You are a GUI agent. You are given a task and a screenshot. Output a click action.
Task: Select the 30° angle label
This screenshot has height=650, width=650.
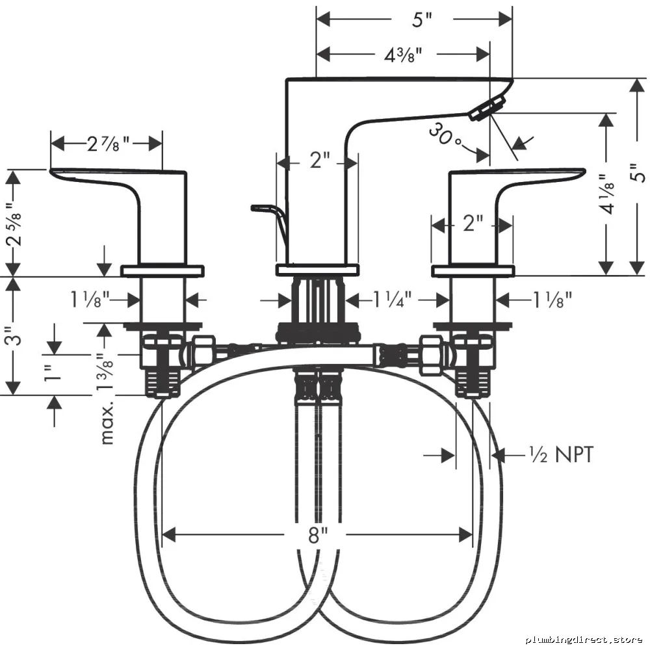pyautogui.click(x=445, y=135)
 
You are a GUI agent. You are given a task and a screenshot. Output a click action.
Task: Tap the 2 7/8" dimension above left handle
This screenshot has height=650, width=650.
pyautogui.click(x=109, y=144)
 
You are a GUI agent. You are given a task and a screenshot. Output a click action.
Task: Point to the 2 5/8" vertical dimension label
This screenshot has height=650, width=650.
pyautogui.click(x=14, y=224)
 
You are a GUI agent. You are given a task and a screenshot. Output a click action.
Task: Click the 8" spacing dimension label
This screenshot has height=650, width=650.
pyautogui.click(x=318, y=535)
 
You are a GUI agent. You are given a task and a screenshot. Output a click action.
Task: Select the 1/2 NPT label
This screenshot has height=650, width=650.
pyautogui.click(x=562, y=454)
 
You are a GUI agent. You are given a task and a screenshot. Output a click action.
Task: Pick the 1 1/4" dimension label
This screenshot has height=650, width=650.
pyautogui.click(x=392, y=299)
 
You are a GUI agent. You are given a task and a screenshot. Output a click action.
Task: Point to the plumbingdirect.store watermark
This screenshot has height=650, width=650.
pyautogui.click(x=584, y=640)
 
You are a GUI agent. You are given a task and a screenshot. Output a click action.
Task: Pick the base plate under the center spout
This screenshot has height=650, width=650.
pyautogui.click(x=317, y=270)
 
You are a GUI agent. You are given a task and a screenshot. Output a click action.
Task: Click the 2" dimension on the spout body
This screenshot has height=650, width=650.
pyautogui.click(x=320, y=160)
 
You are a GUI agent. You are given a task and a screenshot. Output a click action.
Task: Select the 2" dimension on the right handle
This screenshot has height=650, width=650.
pyautogui.click(x=473, y=223)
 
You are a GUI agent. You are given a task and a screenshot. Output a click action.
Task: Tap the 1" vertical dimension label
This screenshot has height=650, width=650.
pyautogui.click(x=53, y=374)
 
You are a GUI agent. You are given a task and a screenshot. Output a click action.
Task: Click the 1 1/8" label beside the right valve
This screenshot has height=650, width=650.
pyautogui.click(x=552, y=299)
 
